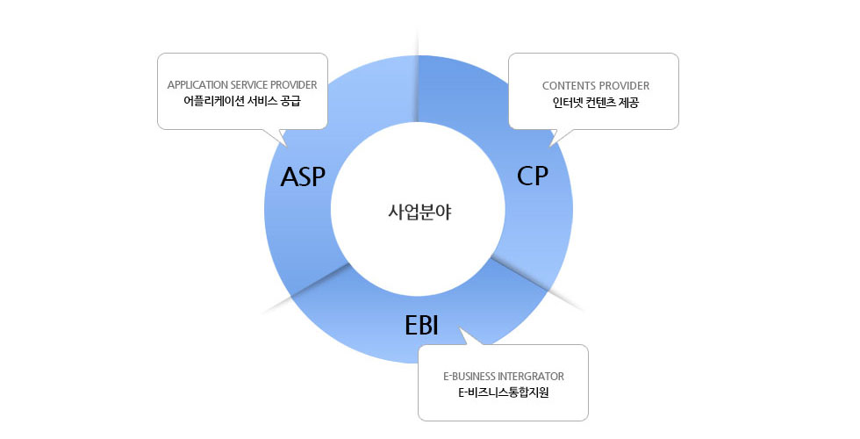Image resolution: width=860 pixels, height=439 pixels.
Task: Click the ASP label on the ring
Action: pos(303,177)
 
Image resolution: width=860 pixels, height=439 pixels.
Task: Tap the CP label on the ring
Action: pos(533,176)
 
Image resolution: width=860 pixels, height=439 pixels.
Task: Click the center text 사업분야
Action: pos(419,212)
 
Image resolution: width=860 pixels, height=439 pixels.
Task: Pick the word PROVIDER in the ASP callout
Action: pos(297,85)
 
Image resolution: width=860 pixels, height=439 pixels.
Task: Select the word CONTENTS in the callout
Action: pos(569,86)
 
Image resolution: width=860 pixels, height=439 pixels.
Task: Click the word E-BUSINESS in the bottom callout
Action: pos(472,376)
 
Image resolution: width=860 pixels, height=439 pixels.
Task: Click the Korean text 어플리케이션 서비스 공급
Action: pos(241,101)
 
